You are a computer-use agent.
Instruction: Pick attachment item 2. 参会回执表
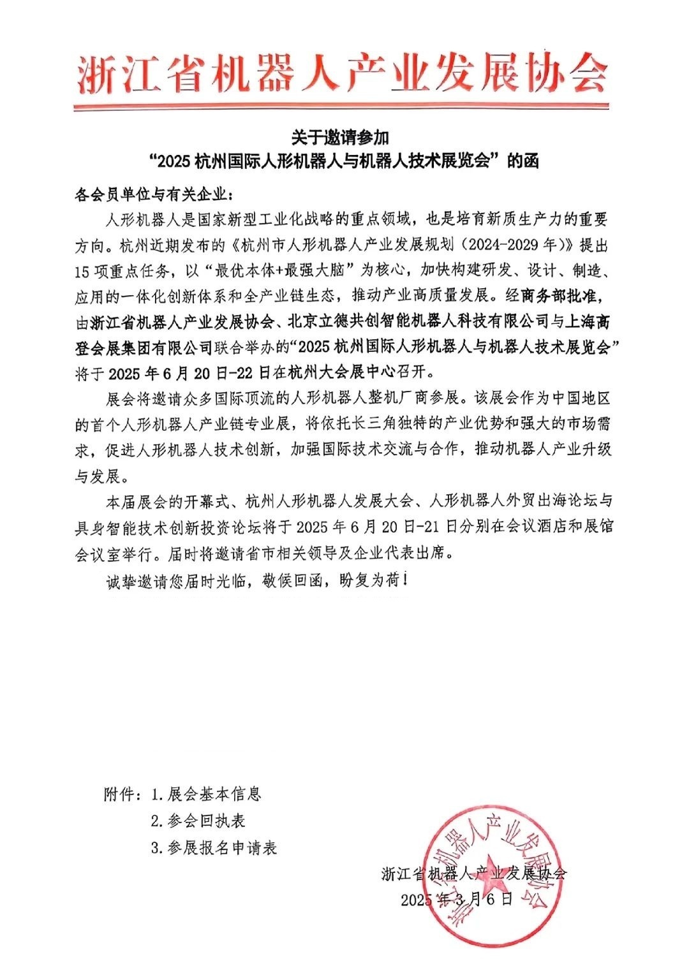198,821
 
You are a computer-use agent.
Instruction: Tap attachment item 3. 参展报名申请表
214,847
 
